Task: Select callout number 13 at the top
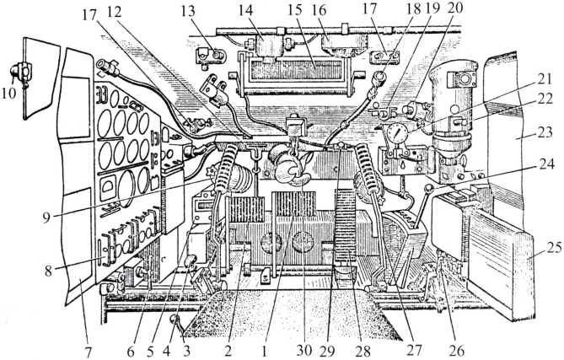(201, 12)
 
